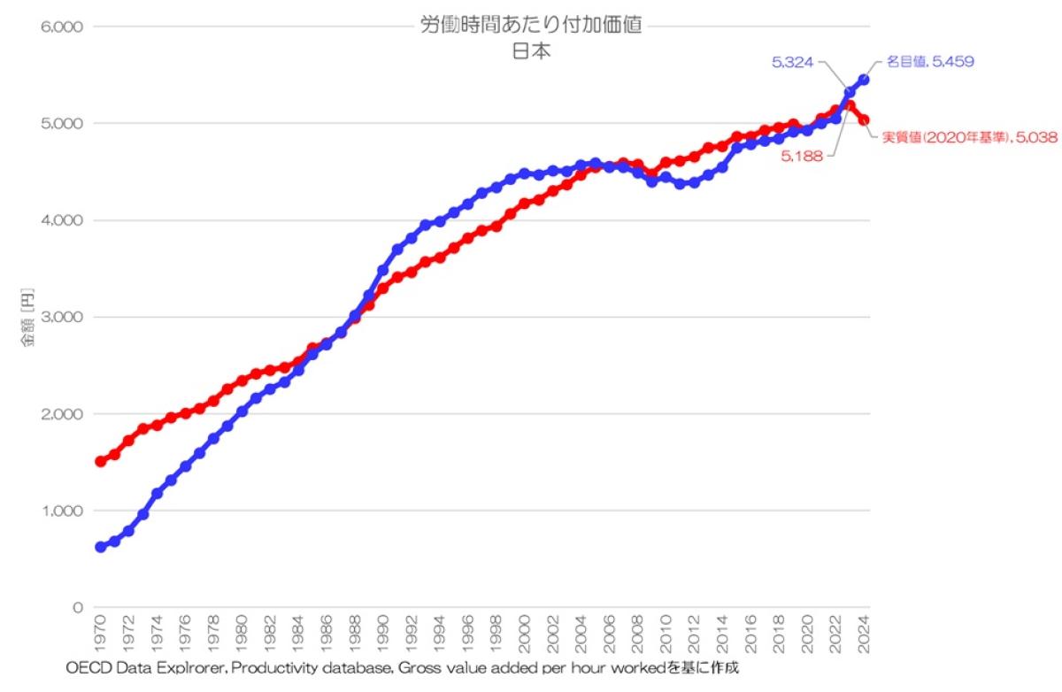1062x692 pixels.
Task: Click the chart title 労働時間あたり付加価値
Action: click(x=531, y=27)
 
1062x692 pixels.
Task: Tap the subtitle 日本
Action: click(x=531, y=51)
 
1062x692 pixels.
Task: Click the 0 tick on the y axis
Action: click(x=77, y=608)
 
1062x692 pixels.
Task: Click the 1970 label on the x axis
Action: click(x=100, y=633)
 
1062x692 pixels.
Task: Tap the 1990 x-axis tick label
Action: click(x=383, y=633)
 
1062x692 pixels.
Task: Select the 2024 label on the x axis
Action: click(x=864, y=633)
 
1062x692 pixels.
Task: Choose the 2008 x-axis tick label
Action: click(x=637, y=633)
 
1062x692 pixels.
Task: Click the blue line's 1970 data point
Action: click(x=100, y=548)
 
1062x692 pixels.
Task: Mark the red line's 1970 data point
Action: click(x=100, y=461)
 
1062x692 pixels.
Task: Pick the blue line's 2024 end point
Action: click(x=864, y=80)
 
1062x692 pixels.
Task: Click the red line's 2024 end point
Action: click(x=864, y=120)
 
